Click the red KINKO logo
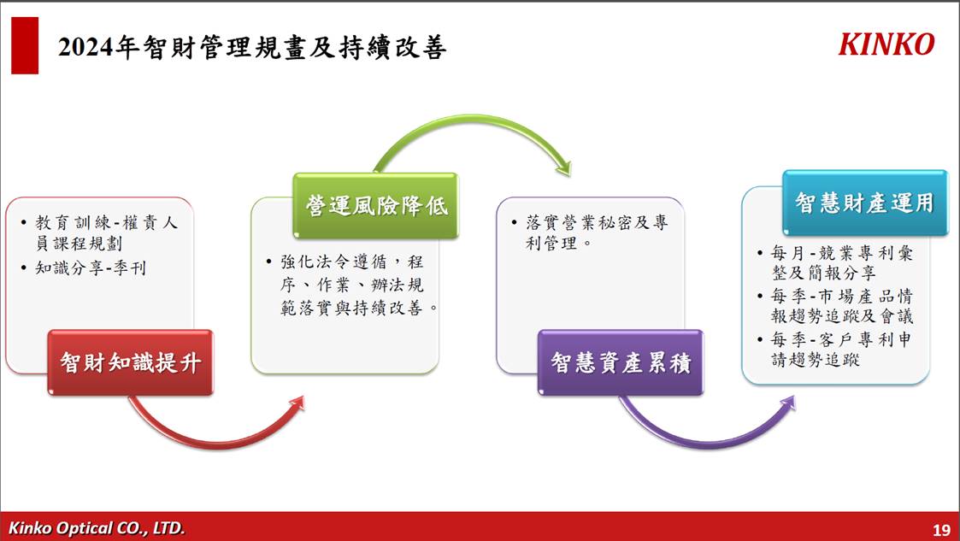886,44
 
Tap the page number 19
941,529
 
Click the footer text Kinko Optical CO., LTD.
96,527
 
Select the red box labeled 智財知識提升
131,362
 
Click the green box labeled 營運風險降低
375,206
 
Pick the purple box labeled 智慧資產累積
621,362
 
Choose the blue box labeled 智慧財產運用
865,203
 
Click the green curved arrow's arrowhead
563,167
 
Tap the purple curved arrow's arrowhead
787,403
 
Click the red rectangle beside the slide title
25,45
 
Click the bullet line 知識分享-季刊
90,268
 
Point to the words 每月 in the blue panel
787,253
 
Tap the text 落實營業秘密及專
597,222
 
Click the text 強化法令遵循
333,262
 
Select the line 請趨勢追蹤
816,359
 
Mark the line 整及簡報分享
824,273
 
